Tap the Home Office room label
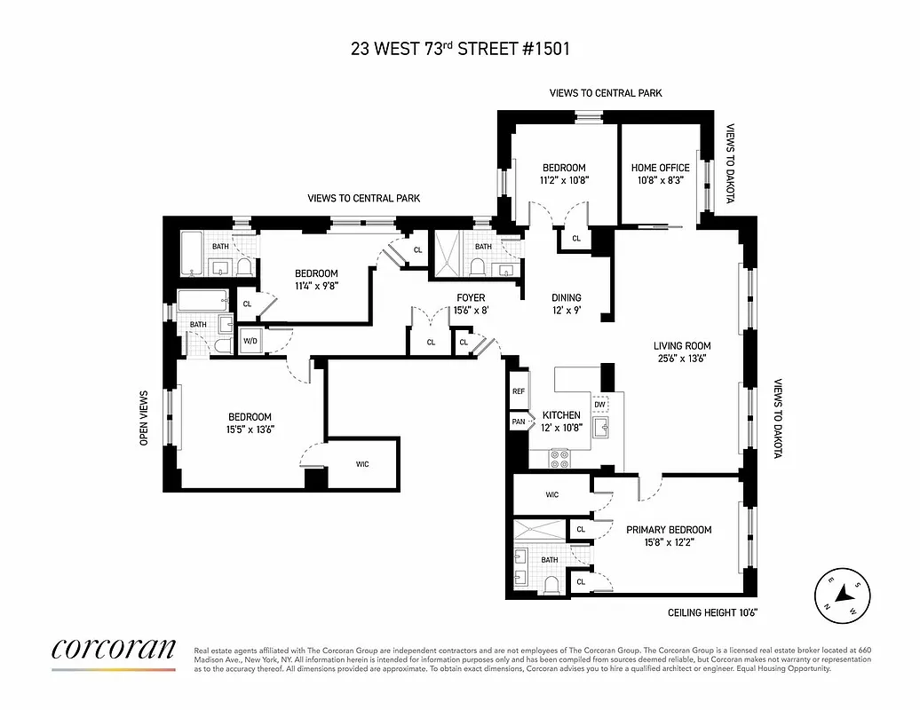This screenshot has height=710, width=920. click(x=660, y=168)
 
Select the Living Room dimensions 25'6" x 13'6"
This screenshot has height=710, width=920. click(x=682, y=359)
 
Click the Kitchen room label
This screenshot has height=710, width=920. click(x=561, y=415)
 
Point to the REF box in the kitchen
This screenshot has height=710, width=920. click(x=519, y=391)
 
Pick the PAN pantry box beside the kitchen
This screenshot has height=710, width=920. click(x=519, y=422)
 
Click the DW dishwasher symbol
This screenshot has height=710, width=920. click(x=600, y=405)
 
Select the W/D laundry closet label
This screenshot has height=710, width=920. click(x=250, y=341)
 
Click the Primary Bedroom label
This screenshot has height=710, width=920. click(x=669, y=530)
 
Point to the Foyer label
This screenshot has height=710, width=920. click(x=471, y=298)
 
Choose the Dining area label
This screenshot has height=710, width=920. click(x=566, y=298)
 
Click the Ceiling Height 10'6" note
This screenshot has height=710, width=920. click(x=712, y=613)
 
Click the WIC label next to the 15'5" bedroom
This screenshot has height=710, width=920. click(x=362, y=463)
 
